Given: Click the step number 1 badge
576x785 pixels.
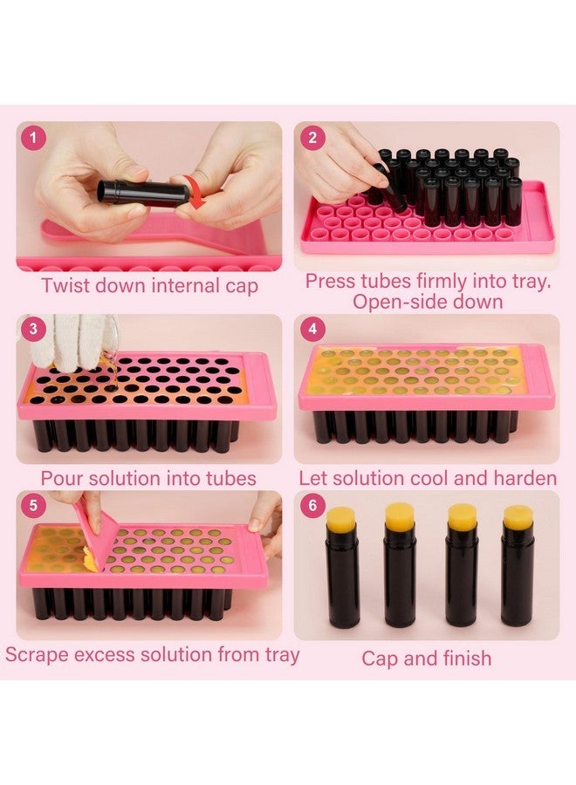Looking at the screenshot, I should [x=34, y=137].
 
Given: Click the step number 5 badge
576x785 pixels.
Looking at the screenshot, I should [x=34, y=507].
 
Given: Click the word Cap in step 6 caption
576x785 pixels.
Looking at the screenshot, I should [x=381, y=658].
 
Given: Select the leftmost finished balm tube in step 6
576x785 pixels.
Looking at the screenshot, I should [x=342, y=567].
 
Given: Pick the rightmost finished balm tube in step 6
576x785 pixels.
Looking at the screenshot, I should [x=518, y=567].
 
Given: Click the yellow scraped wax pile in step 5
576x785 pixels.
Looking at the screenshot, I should [x=89, y=563].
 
